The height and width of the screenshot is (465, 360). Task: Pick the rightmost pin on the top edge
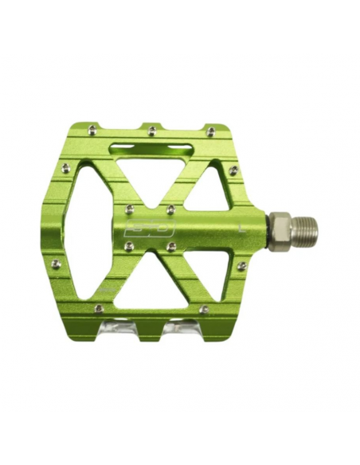210,131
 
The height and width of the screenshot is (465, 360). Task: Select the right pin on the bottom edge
204,308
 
